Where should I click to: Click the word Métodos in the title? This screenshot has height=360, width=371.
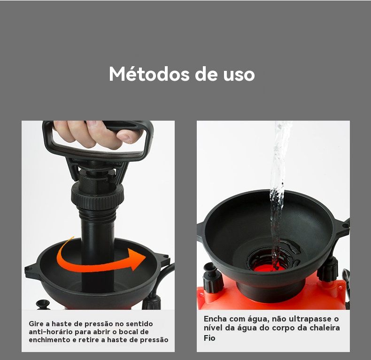149,74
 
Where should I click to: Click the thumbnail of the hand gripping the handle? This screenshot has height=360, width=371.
98,135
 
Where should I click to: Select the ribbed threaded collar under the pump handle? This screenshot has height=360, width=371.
98,197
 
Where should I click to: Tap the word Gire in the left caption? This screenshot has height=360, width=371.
36,323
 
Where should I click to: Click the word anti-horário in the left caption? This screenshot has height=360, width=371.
51,332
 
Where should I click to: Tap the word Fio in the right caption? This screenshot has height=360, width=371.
209,338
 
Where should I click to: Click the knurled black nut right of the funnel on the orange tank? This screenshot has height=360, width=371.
328,269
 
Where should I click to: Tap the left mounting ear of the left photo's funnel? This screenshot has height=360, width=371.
32,270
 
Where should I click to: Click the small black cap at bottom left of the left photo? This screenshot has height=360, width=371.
43,305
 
